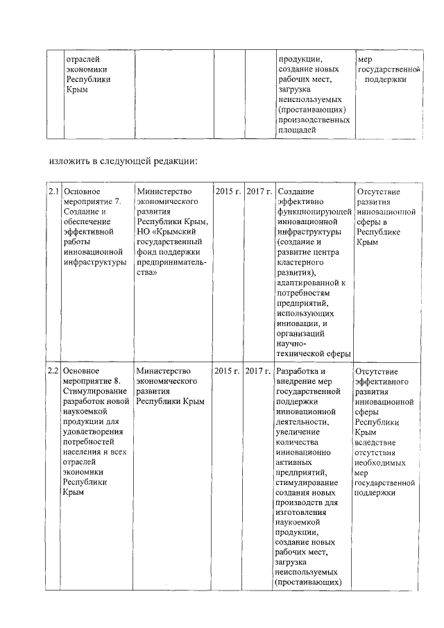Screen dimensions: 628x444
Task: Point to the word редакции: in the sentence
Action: click(x=175, y=162)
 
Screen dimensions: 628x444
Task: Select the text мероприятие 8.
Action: click(x=91, y=381)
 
